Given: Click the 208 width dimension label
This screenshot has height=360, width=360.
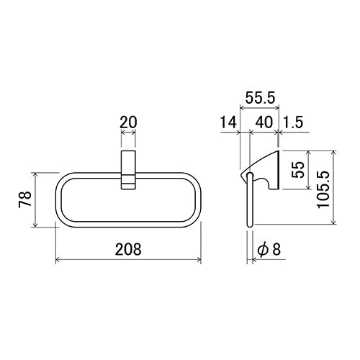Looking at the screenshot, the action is point(128,249).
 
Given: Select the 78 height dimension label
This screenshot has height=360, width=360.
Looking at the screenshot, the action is point(25,199).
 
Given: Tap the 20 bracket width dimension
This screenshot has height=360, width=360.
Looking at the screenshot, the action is point(128,122).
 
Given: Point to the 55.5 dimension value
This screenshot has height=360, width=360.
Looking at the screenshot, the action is point(260,98).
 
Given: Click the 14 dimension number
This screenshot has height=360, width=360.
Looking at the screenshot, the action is point(228,122).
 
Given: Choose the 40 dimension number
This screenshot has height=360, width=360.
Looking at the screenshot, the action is point(264,122).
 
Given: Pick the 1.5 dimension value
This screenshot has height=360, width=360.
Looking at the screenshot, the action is point(293,122).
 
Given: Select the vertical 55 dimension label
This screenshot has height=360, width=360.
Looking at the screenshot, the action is point(298,170).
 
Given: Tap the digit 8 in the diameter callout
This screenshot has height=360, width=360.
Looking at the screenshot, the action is point(276,249).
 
